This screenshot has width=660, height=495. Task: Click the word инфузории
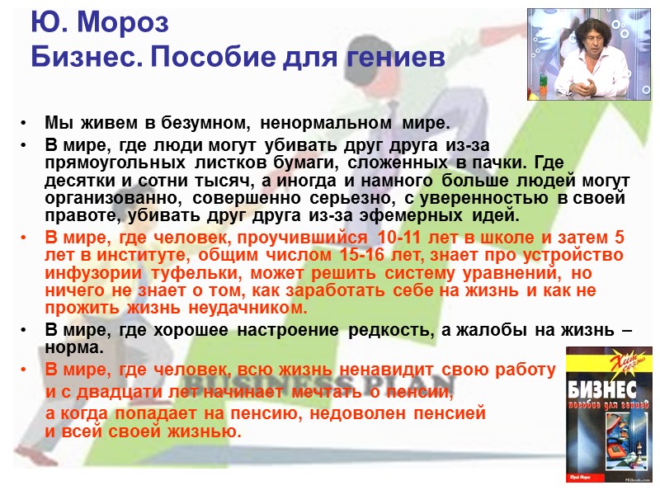pos(89,274)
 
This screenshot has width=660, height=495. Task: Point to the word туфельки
pos(177,274)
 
